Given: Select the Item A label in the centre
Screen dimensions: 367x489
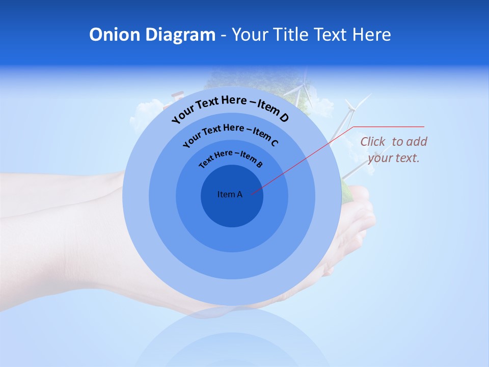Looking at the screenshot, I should [x=230, y=194].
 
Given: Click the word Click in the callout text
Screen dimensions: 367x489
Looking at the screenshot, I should [x=373, y=142].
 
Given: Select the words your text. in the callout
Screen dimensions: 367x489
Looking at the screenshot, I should [x=394, y=158].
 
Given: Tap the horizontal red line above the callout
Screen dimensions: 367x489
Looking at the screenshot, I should [x=389, y=126].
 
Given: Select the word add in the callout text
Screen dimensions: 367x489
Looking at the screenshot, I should [x=418, y=142].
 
